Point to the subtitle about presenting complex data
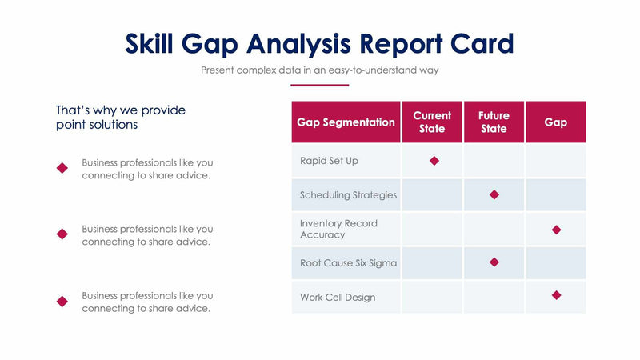tap(319, 70)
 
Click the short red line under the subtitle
tap(319, 85)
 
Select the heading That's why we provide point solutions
tap(120, 118)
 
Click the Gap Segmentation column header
tap(346, 122)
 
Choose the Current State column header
tap(432, 122)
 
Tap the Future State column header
tap(494, 122)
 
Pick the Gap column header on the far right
tap(555, 122)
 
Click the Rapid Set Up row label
tap(329, 161)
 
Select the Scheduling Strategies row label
tap(348, 195)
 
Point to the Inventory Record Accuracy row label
tap(338, 229)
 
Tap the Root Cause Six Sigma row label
tap(348, 263)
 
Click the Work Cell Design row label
tap(337, 298)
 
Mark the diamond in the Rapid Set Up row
tap(434, 161)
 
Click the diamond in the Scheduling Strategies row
tap(494, 194)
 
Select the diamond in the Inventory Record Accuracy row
tap(556, 230)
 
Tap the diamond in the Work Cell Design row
tap(556, 295)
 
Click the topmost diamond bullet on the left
tap(62, 168)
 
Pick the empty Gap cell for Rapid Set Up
tap(555, 161)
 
